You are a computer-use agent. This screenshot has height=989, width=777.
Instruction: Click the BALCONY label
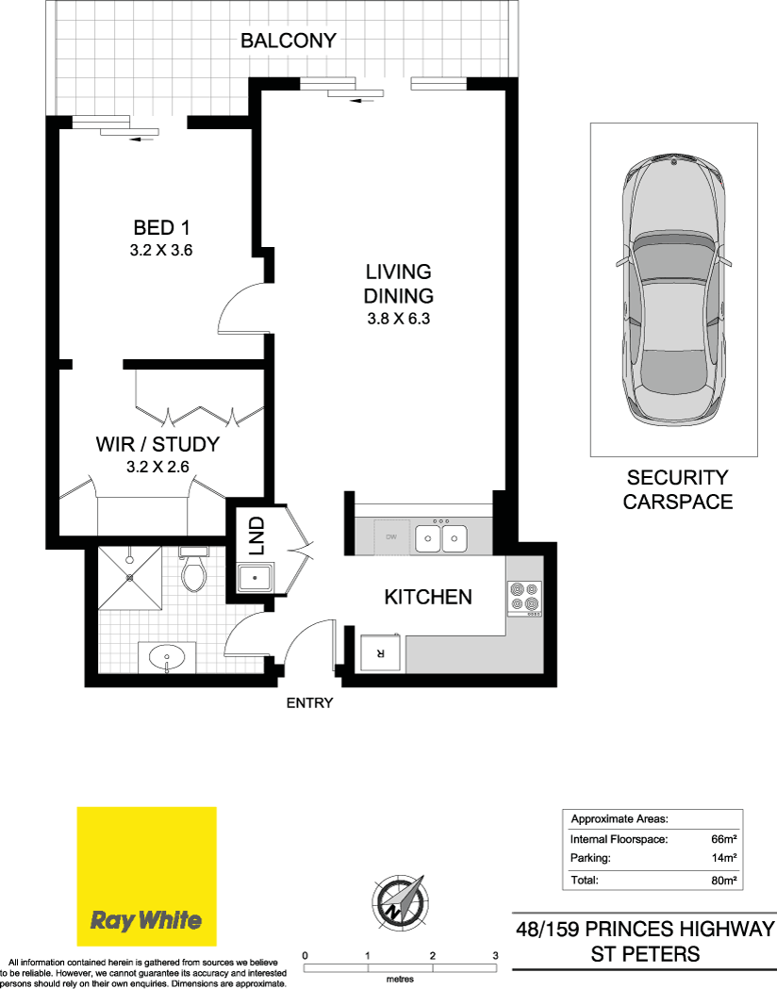tap(289, 41)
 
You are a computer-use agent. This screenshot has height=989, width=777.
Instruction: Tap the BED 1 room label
tap(161, 227)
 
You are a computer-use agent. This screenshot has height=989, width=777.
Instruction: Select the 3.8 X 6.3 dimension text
tap(399, 319)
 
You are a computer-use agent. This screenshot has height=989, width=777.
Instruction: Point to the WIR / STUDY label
tap(157, 444)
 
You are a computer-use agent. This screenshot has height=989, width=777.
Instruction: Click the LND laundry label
tap(256, 536)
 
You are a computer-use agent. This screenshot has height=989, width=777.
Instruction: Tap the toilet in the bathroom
tap(193, 569)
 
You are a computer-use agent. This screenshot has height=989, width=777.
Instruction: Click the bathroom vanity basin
tap(167, 658)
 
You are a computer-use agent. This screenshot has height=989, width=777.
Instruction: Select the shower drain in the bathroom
tap(130, 577)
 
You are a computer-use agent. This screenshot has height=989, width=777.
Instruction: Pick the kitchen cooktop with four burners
tap(524, 598)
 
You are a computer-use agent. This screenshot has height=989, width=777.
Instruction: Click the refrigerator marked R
tap(380, 652)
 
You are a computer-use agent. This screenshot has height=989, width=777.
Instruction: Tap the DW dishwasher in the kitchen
tap(391, 537)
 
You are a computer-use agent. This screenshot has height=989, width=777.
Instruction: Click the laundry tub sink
tap(255, 578)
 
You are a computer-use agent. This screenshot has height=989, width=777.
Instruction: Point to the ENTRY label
tap(309, 702)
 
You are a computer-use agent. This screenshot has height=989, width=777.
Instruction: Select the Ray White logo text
tap(145, 920)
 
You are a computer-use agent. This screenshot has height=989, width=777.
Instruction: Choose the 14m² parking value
tap(724, 858)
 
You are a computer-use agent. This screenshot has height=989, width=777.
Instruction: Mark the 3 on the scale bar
tap(496, 956)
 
